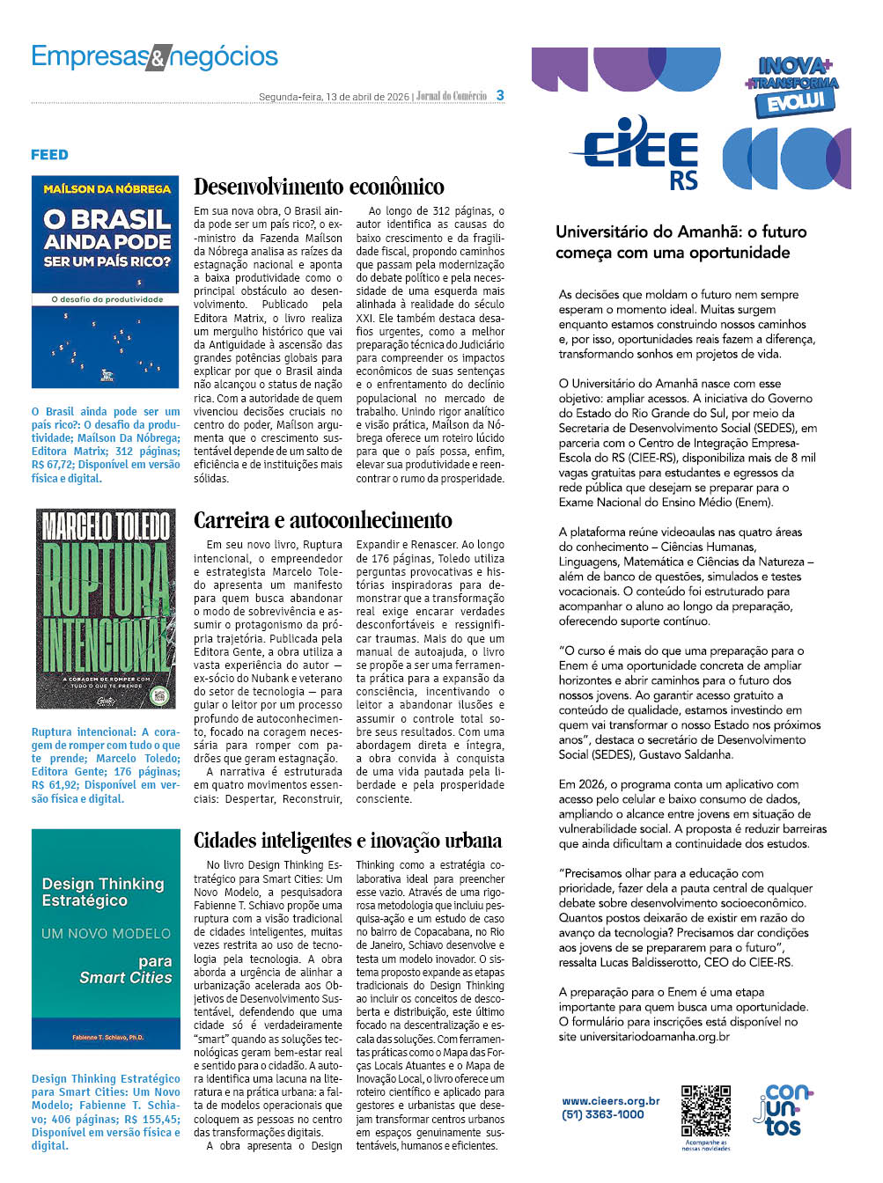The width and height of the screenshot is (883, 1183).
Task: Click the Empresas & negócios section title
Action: [x=154, y=57]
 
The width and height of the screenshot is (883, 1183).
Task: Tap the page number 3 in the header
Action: [x=500, y=95]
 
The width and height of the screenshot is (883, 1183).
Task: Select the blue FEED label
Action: [x=49, y=155]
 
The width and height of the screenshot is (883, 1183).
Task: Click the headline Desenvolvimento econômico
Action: [x=319, y=187]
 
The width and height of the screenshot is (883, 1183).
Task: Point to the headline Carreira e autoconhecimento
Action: [x=323, y=520]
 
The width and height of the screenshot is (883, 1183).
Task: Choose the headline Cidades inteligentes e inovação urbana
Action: [x=348, y=841]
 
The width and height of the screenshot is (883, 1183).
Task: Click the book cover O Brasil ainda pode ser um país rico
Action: [x=106, y=282]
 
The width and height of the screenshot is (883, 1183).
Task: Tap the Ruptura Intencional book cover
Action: [x=106, y=608]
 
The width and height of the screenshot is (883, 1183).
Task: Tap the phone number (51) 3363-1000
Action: [x=603, y=1114]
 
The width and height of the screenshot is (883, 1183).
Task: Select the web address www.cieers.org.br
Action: [x=611, y=1100]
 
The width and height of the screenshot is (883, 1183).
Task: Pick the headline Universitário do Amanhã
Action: [x=681, y=242]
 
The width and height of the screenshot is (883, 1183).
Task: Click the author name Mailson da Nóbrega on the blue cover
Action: [x=107, y=188]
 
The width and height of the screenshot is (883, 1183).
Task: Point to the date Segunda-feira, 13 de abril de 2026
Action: [x=334, y=97]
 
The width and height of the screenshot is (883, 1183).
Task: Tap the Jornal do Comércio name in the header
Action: [x=452, y=96]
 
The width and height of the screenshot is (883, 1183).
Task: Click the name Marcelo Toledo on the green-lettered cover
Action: [x=106, y=526]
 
